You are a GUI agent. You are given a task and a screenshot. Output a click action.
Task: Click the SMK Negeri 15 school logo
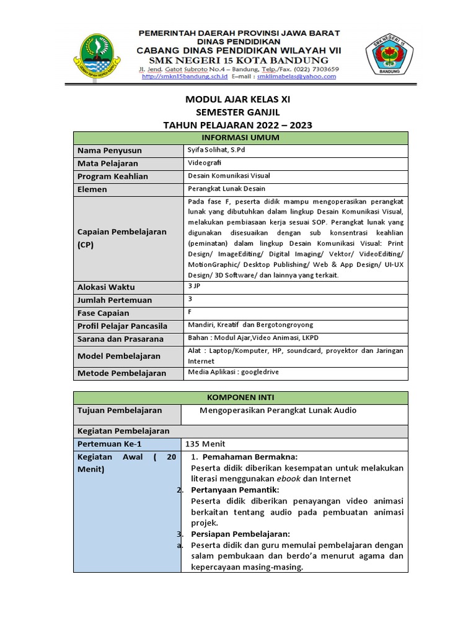pyautogui.click(x=385, y=56)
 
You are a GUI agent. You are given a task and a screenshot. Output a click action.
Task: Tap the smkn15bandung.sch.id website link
pyautogui.click(x=175, y=77)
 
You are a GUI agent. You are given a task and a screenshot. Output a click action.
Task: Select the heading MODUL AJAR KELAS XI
pyautogui.click(x=237, y=99)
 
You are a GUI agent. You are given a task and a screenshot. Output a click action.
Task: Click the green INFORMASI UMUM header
pyautogui.click(x=240, y=137)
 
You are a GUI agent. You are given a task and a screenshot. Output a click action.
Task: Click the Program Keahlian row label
pyautogui.click(x=112, y=176)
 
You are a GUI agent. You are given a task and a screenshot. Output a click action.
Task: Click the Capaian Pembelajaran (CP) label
pyautogui.click(x=121, y=238)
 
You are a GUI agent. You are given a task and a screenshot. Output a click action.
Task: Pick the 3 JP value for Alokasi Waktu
pyautogui.click(x=193, y=286)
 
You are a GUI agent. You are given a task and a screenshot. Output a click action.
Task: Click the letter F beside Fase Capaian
pyautogui.click(x=190, y=311)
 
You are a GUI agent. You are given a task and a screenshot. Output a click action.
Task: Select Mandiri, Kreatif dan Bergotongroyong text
pyautogui.click(x=250, y=324)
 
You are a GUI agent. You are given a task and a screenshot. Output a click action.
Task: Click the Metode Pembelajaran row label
pyautogui.click(x=121, y=373)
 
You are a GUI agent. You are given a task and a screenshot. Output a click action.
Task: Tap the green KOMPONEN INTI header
pyautogui.click(x=240, y=397)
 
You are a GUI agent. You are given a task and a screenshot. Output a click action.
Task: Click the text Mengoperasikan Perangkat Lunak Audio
pyautogui.click(x=278, y=410)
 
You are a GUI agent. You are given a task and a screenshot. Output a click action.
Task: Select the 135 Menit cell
pyautogui.click(x=205, y=444)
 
